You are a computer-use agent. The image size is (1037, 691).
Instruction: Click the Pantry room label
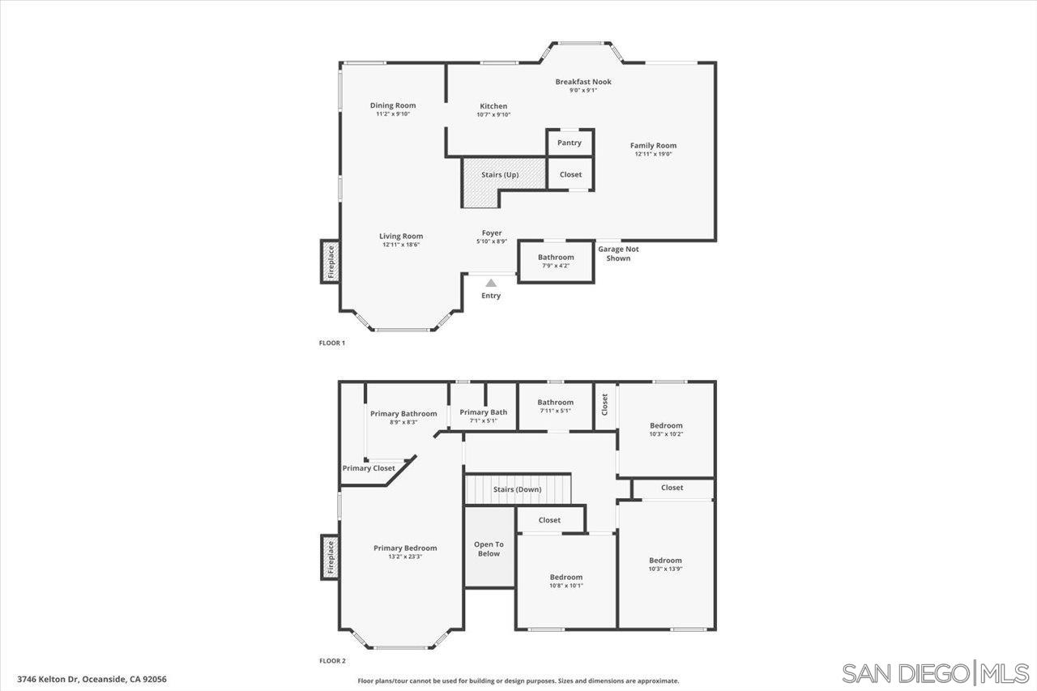pyautogui.click(x=569, y=143)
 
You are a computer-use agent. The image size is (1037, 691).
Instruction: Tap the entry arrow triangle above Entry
pyautogui.click(x=491, y=283)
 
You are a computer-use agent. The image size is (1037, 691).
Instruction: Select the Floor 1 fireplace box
pyautogui.click(x=330, y=262)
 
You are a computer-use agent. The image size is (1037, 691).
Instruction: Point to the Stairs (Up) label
pyautogui.click(x=500, y=174)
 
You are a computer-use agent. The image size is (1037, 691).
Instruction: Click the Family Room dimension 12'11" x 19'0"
pyautogui.click(x=653, y=154)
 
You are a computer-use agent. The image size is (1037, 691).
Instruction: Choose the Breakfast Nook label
pyautogui.click(x=583, y=82)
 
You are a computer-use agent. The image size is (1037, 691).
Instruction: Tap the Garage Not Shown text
pyautogui.click(x=618, y=254)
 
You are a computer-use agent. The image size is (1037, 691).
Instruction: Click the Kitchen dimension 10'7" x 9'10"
pyautogui.click(x=493, y=115)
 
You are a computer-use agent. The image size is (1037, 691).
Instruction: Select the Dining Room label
pyautogui.click(x=393, y=105)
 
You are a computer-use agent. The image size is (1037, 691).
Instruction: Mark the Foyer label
pyautogui.click(x=492, y=232)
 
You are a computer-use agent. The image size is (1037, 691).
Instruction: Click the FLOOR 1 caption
pyautogui.click(x=332, y=343)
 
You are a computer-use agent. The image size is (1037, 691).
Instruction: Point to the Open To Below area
pyautogui.click(x=489, y=547)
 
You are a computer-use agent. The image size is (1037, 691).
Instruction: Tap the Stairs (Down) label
pyautogui.click(x=517, y=489)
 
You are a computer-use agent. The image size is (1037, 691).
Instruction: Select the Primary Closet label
pyautogui.click(x=369, y=468)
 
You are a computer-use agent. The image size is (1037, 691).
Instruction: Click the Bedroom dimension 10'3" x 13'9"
pyautogui.click(x=665, y=569)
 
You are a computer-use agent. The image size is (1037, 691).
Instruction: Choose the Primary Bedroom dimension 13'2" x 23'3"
pyautogui.click(x=405, y=557)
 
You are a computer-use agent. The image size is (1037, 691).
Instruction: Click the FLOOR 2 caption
pyautogui.click(x=332, y=661)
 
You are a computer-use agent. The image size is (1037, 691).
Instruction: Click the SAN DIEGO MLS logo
pyautogui.click(x=935, y=674)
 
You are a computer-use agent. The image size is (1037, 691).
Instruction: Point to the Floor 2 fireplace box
pyautogui.click(x=330, y=557)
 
